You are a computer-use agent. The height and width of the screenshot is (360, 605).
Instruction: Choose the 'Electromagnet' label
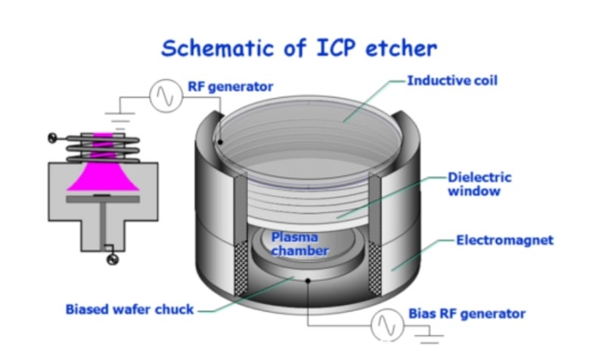[x=504, y=241]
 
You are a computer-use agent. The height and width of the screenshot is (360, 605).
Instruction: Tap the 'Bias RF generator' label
[x=467, y=313]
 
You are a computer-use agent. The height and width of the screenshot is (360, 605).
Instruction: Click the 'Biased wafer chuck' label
[x=129, y=309]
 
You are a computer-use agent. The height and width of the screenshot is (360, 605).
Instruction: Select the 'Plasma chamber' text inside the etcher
[x=300, y=244]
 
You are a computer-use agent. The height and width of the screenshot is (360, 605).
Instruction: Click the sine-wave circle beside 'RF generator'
[x=165, y=96]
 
